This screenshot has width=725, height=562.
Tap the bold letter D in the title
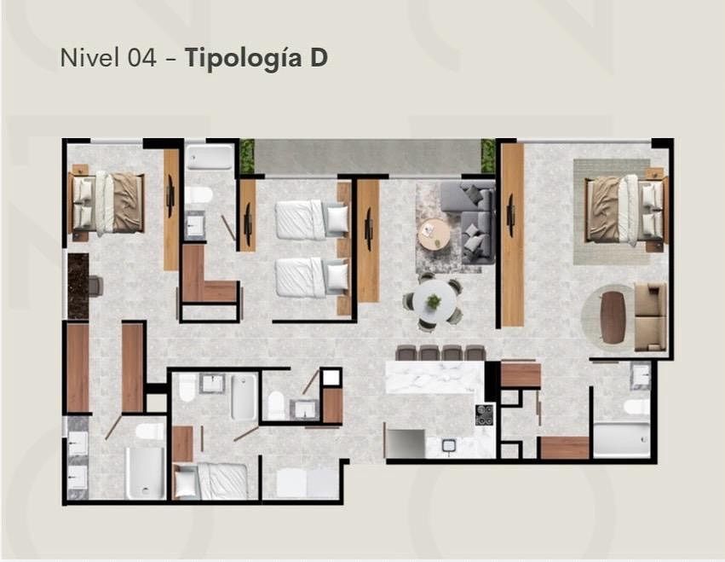tap(319, 58)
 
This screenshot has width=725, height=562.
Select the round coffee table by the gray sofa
tap(434, 234)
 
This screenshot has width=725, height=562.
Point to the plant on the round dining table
tap(434, 301)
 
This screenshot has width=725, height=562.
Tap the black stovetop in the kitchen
tap(485, 414)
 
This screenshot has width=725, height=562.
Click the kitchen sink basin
tap(448, 445)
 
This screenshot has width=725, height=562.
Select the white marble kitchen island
tap(434, 377)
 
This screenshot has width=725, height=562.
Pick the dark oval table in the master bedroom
tap(613, 318)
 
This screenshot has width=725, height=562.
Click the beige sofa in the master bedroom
tap(651, 317)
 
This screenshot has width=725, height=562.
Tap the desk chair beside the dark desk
tap(95, 286)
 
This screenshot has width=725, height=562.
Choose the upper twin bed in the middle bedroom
tap(312, 219)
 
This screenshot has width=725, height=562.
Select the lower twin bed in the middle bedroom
tap(312, 277)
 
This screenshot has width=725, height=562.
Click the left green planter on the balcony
tap(247, 156)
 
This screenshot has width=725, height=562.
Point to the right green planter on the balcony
tap(488, 156)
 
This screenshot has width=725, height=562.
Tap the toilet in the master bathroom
tap(636, 408)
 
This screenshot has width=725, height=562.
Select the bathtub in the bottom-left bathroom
tap(145, 472)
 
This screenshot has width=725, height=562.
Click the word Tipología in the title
tap(244, 59)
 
